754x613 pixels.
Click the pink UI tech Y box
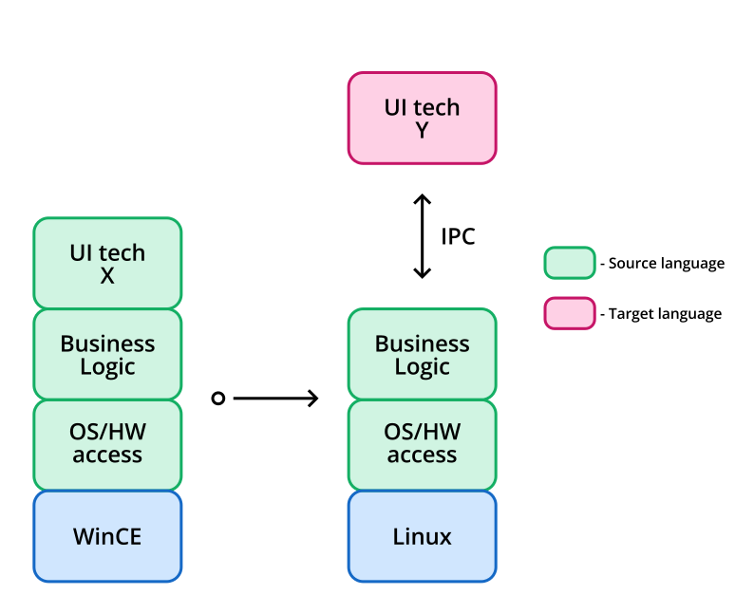pos(422,118)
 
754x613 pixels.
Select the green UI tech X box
pos(107,263)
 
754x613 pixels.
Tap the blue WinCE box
pos(107,536)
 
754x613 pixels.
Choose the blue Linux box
pos(422,536)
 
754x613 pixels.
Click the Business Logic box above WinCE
pos(107,354)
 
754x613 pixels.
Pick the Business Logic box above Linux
pos(422,354)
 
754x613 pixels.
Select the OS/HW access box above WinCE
pos(107,444)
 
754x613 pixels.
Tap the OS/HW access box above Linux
pos(422,444)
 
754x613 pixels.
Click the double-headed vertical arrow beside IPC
pos(422,236)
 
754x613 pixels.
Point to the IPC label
pos(458,236)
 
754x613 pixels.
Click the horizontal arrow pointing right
pos(274,399)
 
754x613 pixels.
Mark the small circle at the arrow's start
pos(217,399)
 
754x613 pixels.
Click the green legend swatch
pos(569,263)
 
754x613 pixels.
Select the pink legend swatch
pos(569,313)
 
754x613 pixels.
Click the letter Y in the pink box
pos(422,130)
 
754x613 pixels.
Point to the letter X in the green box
pos(107,276)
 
